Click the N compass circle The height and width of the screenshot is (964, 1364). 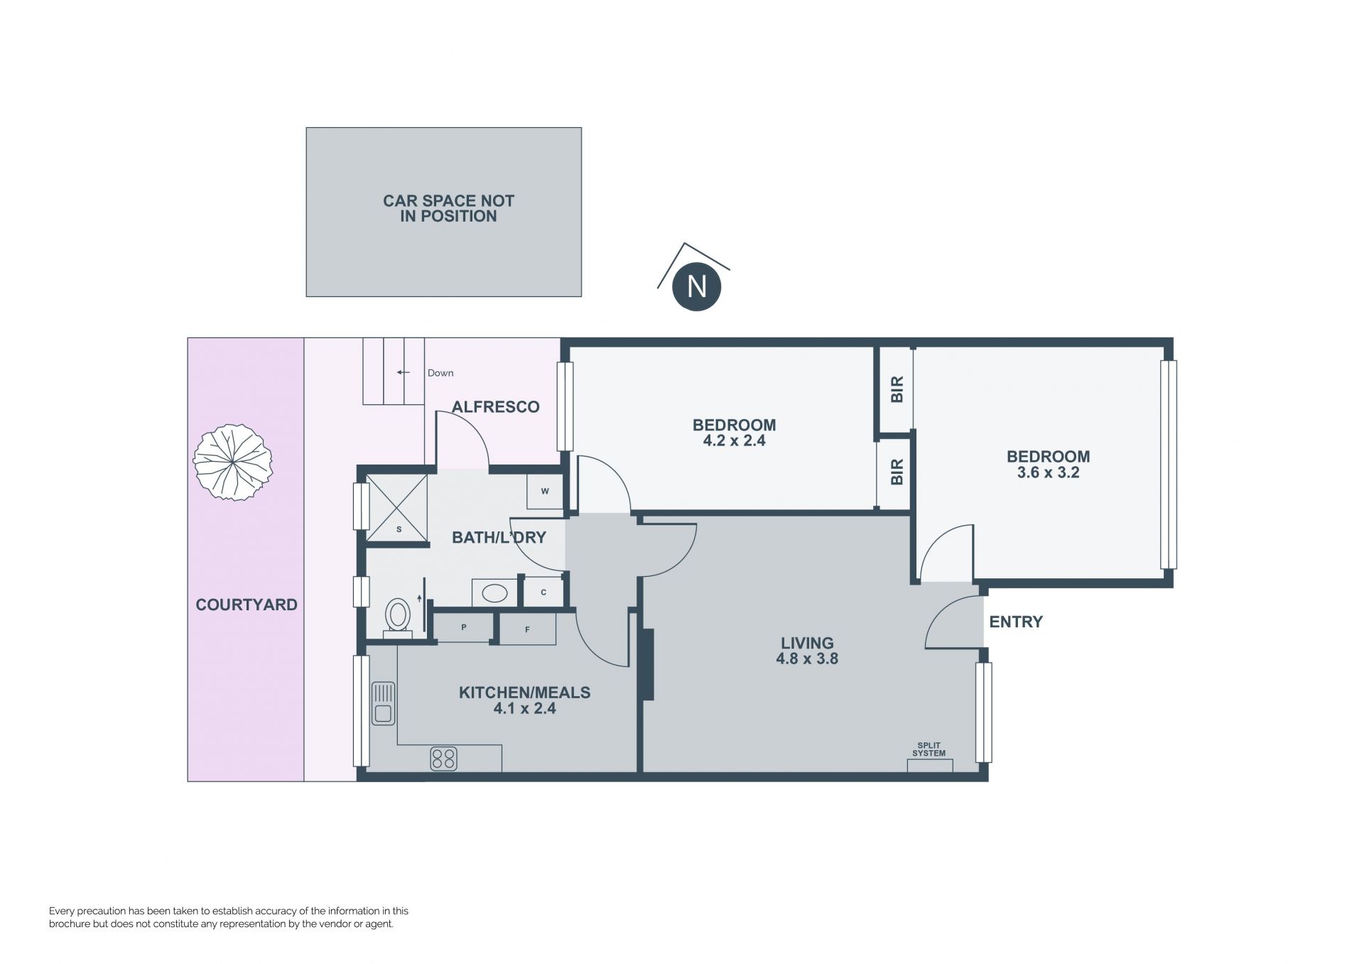[697, 286]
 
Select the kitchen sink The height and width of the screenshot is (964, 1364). [383, 703]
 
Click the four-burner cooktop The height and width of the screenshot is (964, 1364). [443, 759]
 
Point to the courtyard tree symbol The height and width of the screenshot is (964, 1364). [232, 462]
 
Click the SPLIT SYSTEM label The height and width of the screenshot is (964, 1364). [929, 749]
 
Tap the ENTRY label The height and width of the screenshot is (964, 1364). [1016, 622]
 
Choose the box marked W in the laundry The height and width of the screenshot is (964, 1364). [545, 492]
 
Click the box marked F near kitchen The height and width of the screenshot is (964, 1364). [527, 629]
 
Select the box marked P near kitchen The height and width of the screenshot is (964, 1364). [463, 628]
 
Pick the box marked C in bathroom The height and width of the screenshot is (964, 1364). [543, 592]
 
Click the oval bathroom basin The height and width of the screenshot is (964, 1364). [494, 592]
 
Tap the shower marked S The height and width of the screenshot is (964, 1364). [396, 508]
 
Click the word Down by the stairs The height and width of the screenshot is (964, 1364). [440, 373]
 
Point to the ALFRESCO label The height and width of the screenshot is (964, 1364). [496, 407]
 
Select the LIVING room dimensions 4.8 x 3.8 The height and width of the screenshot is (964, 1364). [807, 659]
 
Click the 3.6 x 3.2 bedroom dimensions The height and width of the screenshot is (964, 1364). [1048, 472]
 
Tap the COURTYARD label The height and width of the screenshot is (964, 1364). [247, 605]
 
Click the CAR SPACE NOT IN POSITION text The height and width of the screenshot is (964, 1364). [448, 209]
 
